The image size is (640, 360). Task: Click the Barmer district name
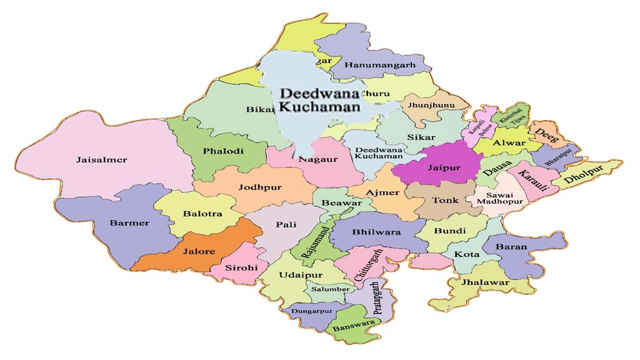pyautogui.click(x=129, y=223)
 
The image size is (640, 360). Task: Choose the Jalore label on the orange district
pyautogui.click(x=199, y=252)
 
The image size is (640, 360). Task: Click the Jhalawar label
pyautogui.click(x=485, y=282)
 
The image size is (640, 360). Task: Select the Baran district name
pyautogui.click(x=511, y=247)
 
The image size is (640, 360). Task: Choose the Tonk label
pyautogui.click(x=446, y=201)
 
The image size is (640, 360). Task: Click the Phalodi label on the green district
pyautogui.click(x=223, y=151)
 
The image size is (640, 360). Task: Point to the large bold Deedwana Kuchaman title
pyautogui.click(x=320, y=100)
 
